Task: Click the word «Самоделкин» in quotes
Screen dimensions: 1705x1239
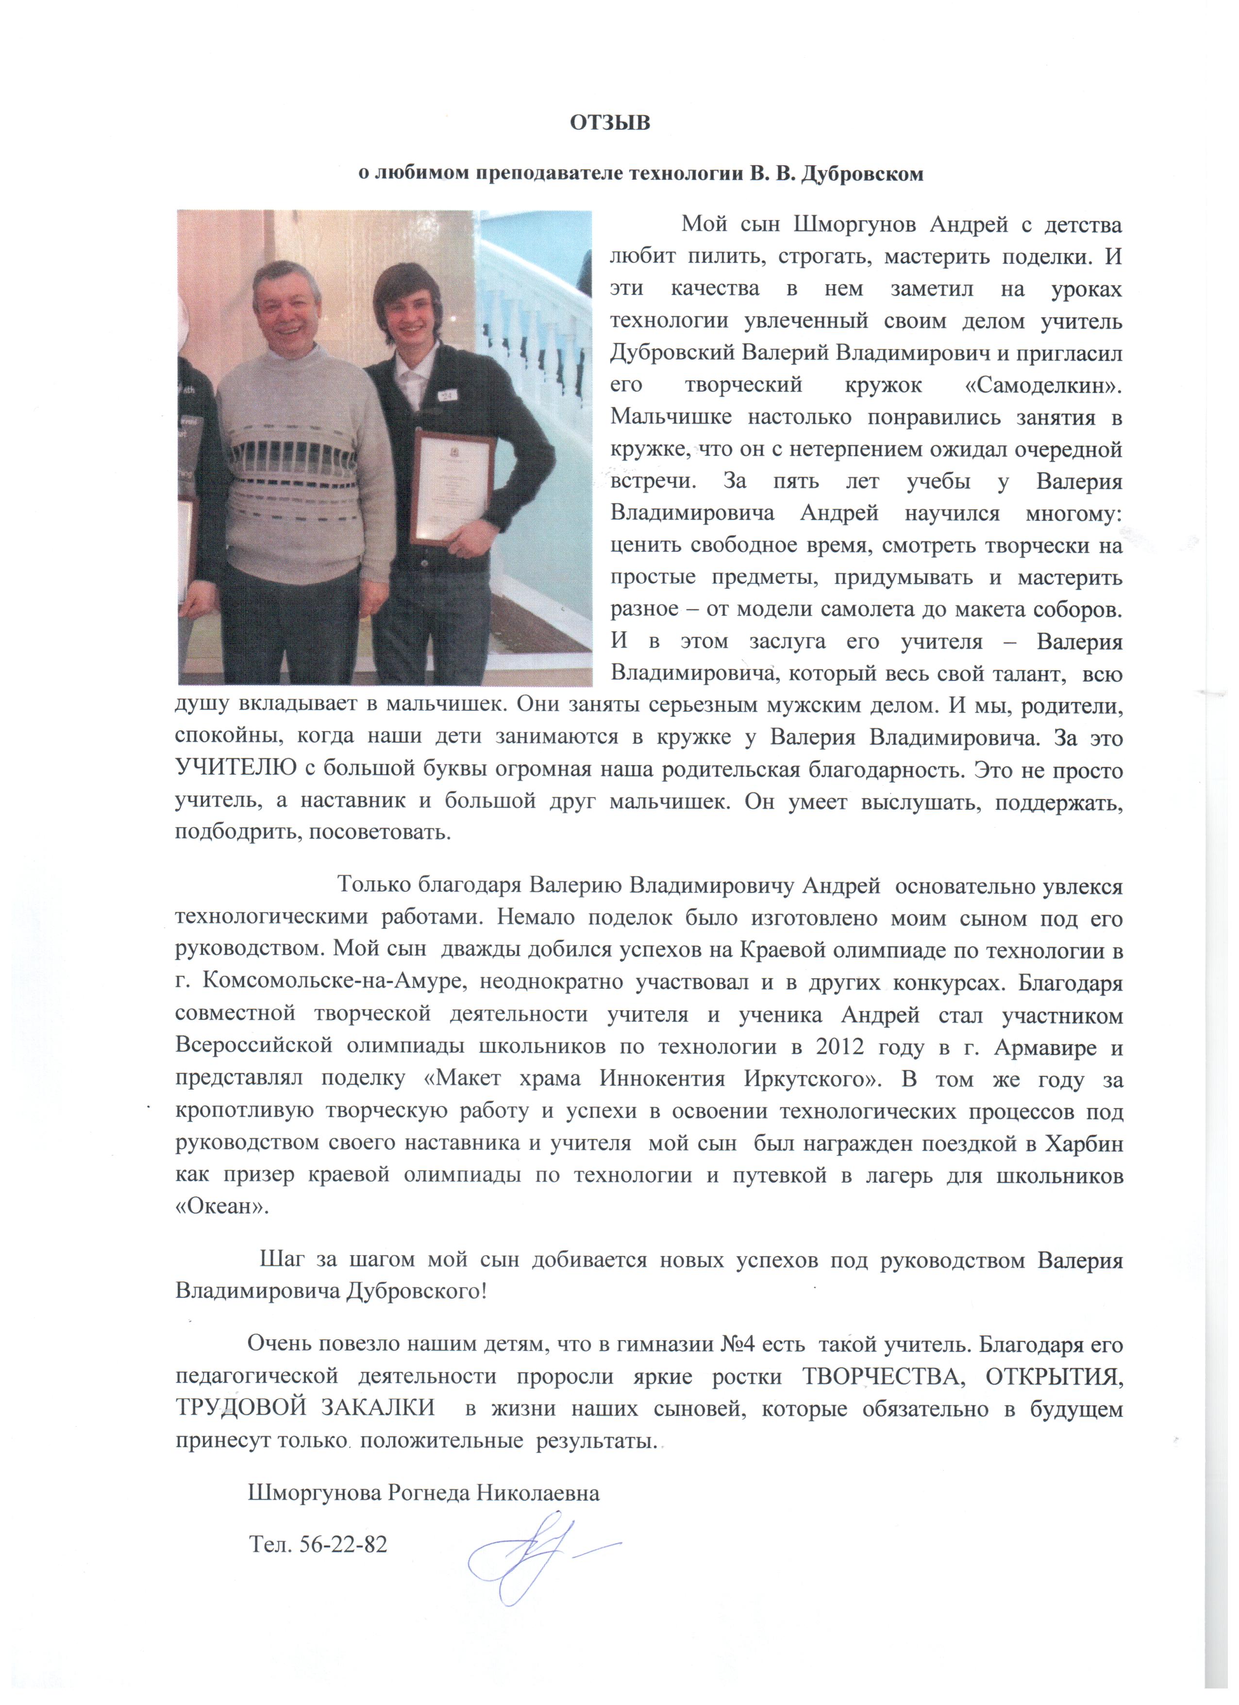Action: (1042, 385)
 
